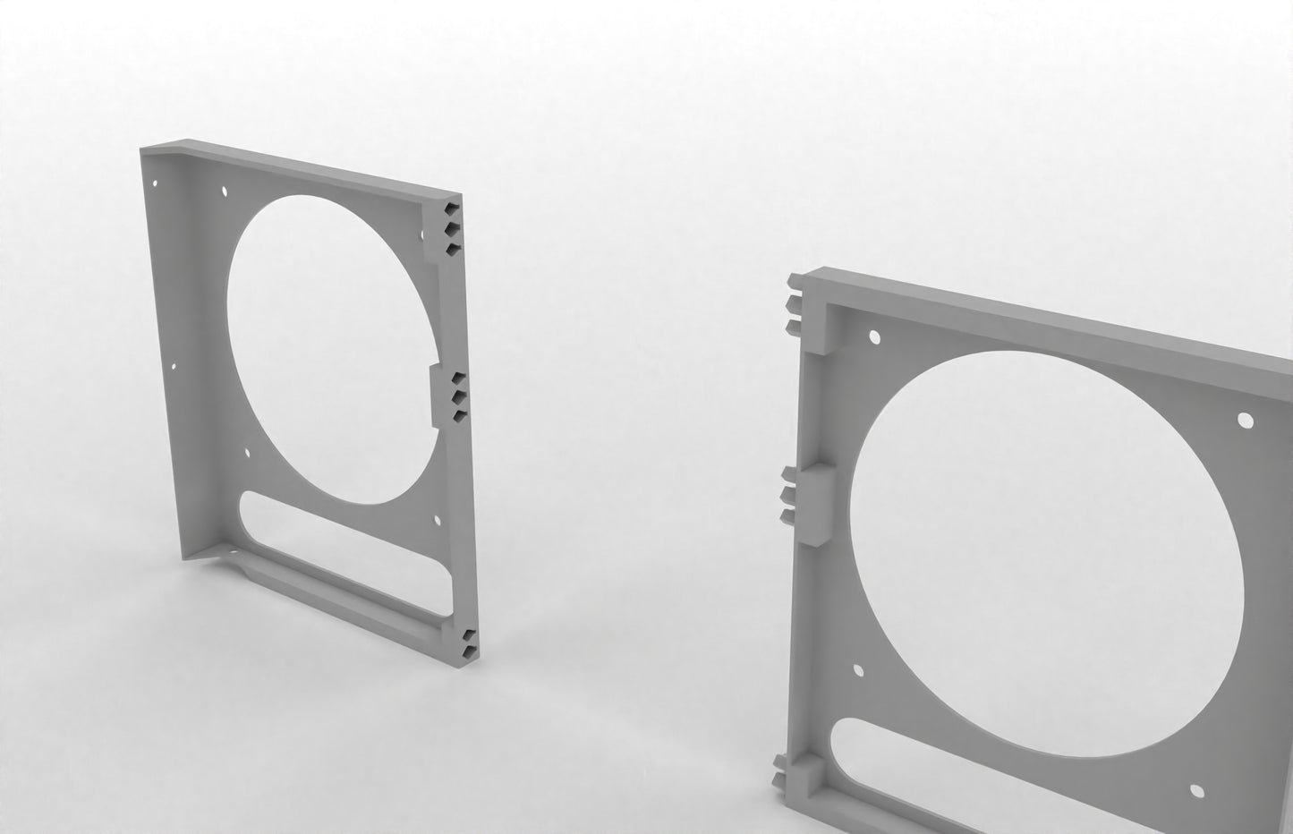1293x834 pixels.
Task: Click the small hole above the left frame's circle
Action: point(223,191)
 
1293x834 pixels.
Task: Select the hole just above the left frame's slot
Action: point(247,454)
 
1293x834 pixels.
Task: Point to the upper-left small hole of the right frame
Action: point(874,337)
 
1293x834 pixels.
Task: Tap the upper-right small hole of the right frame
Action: point(1244,419)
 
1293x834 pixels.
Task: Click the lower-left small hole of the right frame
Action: point(859,670)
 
